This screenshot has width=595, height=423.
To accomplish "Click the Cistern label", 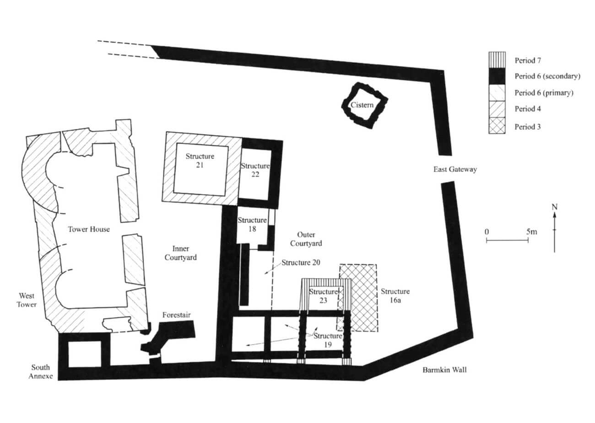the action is (x=362, y=105).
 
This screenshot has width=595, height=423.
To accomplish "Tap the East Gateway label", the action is (x=455, y=169).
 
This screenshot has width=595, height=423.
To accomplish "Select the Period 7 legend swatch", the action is (x=497, y=60).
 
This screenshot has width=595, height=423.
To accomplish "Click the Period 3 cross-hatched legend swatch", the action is (x=497, y=125).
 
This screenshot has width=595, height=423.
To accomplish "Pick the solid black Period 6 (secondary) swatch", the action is (x=497, y=76).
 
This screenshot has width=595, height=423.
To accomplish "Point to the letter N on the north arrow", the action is (x=554, y=207).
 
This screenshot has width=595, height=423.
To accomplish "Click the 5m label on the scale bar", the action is (x=532, y=232).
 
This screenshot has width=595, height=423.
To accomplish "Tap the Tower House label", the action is (x=89, y=229).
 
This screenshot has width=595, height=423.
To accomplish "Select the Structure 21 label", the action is (x=200, y=161).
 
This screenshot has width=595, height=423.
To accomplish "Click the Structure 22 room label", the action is (x=255, y=170).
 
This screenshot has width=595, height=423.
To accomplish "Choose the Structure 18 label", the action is (x=252, y=224).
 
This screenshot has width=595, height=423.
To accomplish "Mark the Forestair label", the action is (x=176, y=315).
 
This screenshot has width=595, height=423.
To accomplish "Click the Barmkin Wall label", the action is (x=444, y=370).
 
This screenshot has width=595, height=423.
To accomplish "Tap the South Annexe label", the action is (x=41, y=371).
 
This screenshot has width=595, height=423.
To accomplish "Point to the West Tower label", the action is (x=27, y=300).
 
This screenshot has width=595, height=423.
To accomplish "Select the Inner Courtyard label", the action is (x=181, y=253).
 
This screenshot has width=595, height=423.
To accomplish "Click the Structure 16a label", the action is (x=395, y=295).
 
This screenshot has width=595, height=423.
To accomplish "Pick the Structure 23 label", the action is (x=323, y=296).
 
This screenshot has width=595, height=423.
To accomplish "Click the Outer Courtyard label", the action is (x=306, y=239).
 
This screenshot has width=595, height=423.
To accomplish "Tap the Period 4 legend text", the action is (x=528, y=109).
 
